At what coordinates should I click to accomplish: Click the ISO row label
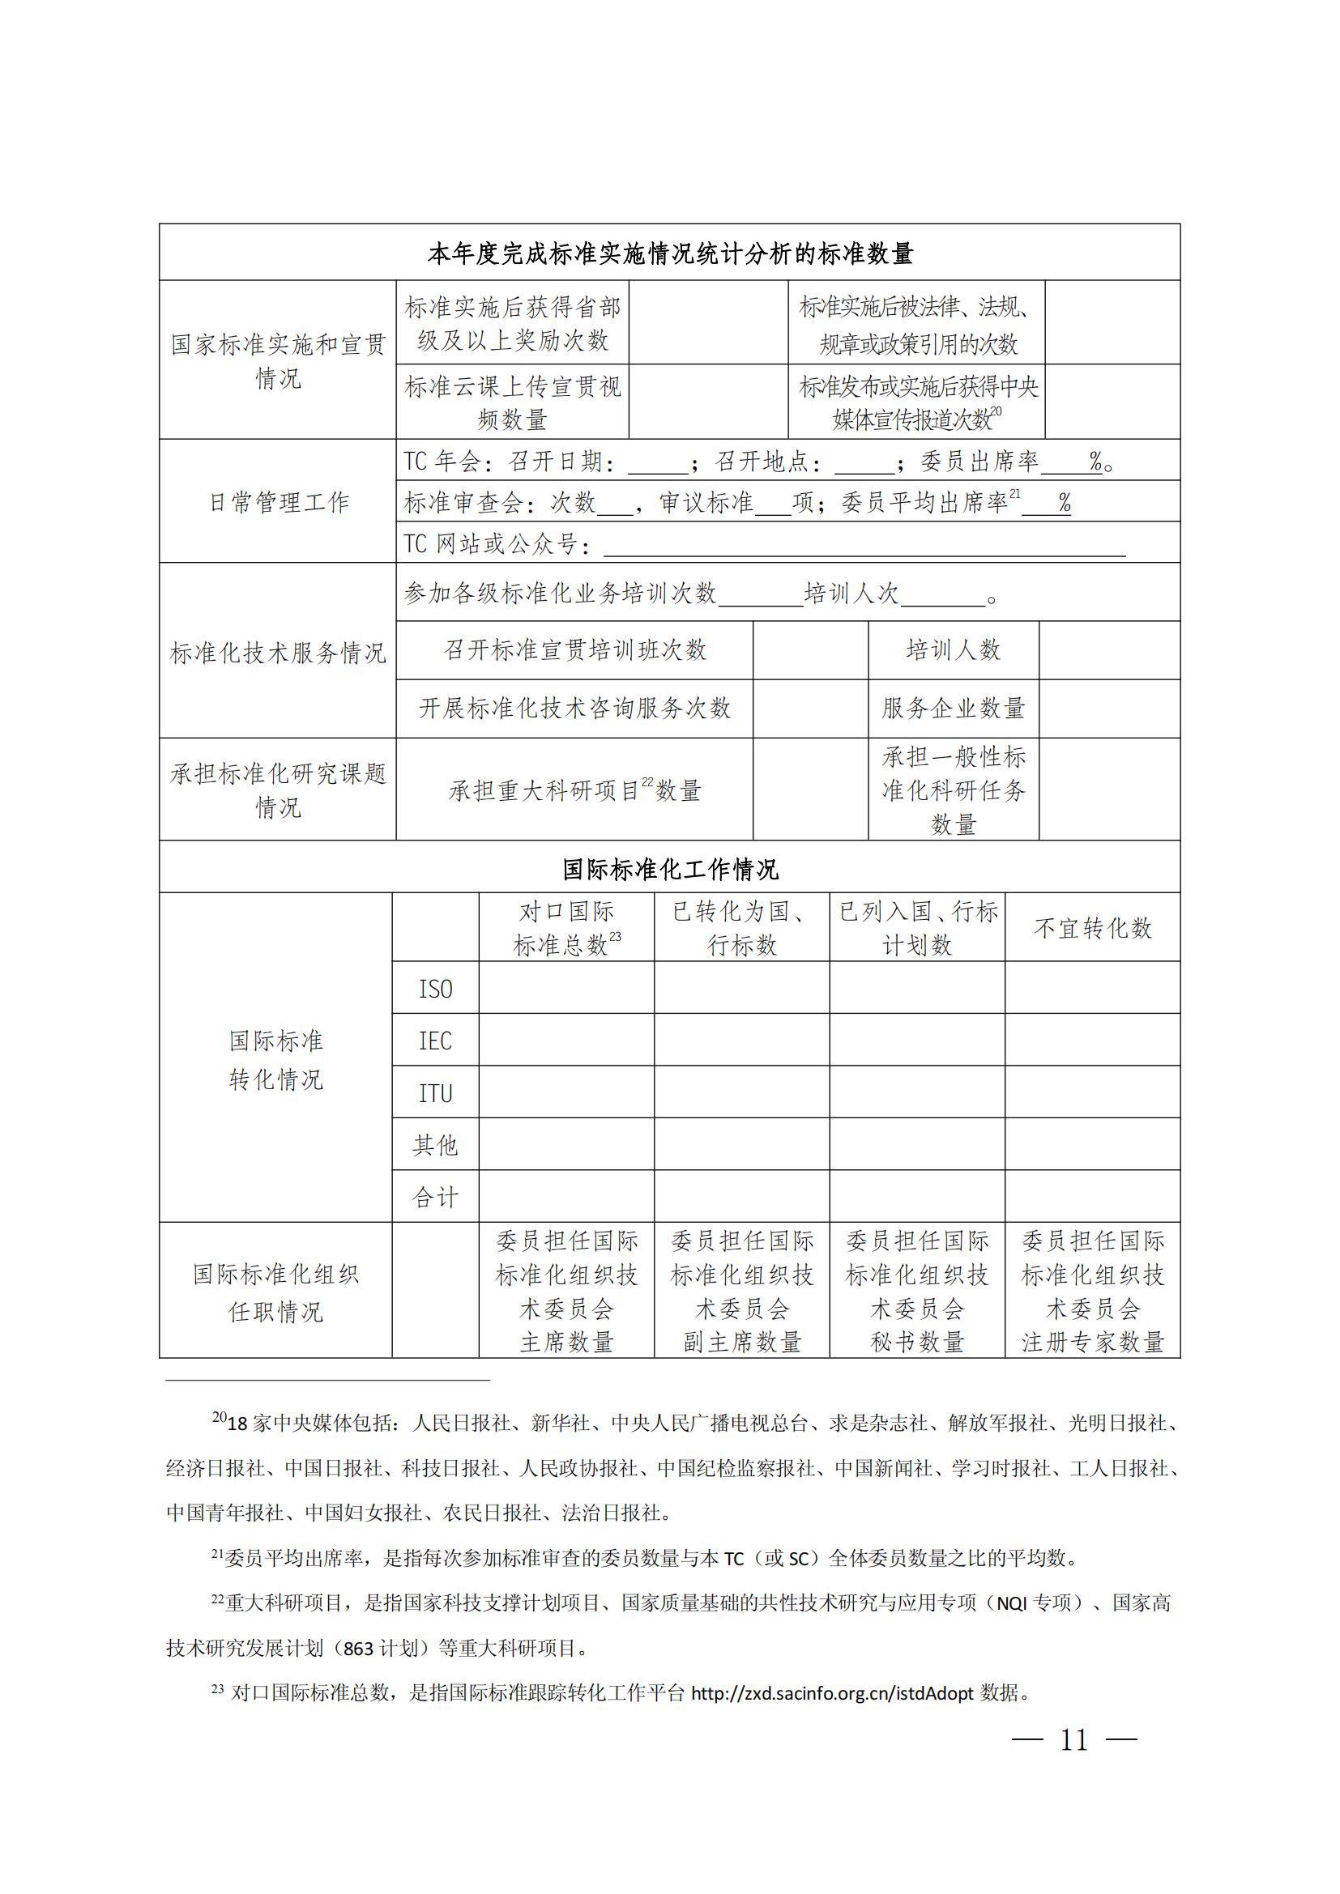(435, 988)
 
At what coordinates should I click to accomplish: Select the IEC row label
(435, 1041)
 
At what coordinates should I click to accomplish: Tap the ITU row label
(435, 1093)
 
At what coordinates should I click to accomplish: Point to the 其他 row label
(435, 1145)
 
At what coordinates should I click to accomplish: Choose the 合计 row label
(435, 1197)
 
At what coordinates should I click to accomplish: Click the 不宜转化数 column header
(1092, 928)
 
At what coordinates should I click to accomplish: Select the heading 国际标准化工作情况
(670, 869)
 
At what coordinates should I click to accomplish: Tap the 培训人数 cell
(953, 650)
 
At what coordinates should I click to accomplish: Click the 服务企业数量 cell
(953, 708)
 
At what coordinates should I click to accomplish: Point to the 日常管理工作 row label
(278, 501)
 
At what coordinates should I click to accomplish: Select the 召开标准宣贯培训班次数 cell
(574, 650)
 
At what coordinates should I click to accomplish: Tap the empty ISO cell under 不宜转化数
(1092, 988)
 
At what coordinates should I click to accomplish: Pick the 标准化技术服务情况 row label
(278, 653)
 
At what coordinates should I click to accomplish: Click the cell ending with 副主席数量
(742, 1290)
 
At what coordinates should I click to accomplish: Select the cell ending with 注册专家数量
(1092, 1290)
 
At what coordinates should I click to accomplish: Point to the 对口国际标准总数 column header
(567, 928)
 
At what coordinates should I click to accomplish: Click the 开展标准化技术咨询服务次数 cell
(574, 708)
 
